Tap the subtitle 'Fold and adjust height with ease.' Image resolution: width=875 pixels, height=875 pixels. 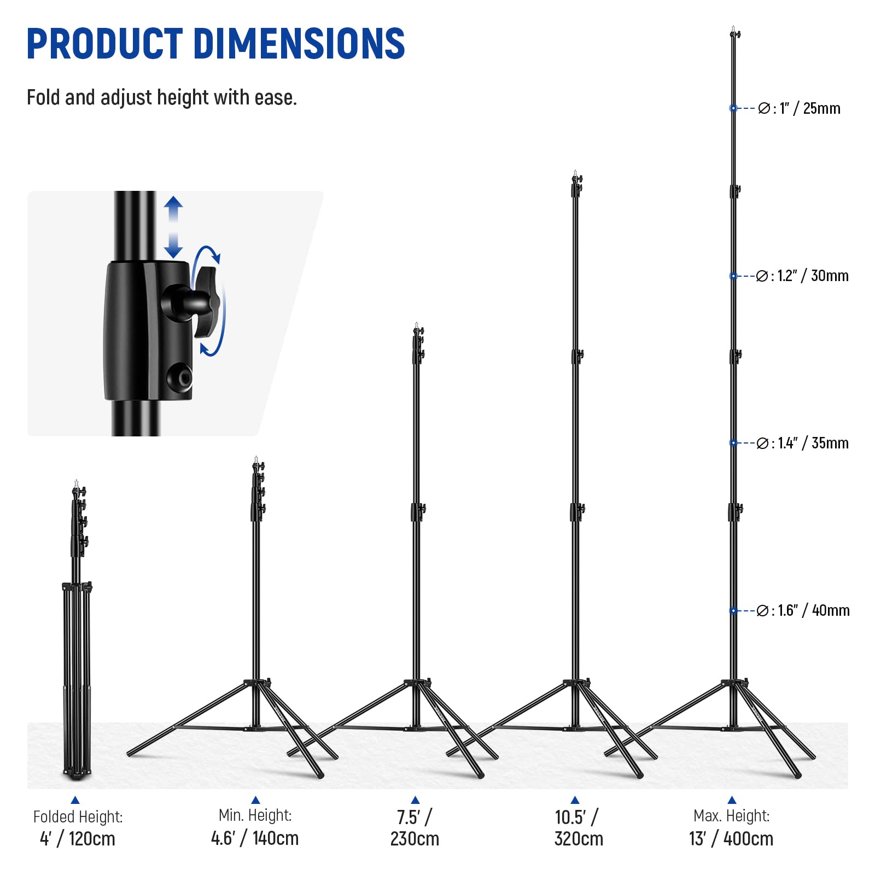(161, 98)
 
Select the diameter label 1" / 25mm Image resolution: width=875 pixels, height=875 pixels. (799, 108)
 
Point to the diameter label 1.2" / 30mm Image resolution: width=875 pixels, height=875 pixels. (802, 276)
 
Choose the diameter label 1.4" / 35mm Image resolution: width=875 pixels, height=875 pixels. (802, 443)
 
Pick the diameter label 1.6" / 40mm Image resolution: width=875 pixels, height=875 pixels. (803, 610)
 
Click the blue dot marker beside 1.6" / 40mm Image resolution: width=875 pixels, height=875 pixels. (733, 611)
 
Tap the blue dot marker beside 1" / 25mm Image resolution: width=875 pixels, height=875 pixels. (733, 108)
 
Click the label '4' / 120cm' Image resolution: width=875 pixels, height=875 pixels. (78, 838)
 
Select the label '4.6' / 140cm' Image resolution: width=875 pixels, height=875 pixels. (255, 838)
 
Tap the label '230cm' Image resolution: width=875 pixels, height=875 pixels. (415, 838)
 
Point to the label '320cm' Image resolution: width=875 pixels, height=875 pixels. (579, 838)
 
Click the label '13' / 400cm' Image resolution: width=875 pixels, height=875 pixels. (731, 838)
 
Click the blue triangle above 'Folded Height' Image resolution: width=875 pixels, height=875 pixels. (75, 800)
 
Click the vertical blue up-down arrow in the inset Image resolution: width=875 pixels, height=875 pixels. (173, 227)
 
